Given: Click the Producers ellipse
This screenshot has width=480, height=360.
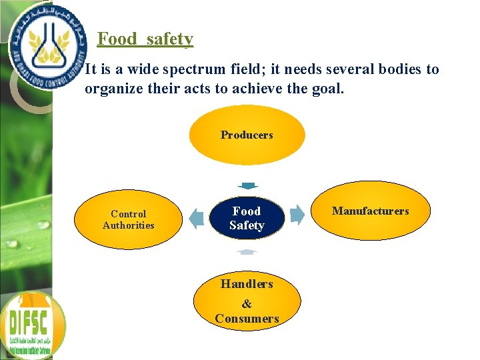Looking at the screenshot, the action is click(247, 135).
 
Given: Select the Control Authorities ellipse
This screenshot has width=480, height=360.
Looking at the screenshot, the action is click(129, 219).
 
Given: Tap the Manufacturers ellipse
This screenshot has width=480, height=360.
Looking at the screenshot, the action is click(371, 211).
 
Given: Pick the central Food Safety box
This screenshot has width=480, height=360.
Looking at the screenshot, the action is click(247, 218).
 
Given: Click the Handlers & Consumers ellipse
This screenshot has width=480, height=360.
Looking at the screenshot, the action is click(247, 301).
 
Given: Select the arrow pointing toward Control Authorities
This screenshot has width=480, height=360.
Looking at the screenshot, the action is click(196, 217).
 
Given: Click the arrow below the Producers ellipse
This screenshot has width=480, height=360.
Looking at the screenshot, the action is click(247, 186).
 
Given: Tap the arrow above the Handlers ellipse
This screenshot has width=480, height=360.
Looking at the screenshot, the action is click(247, 251).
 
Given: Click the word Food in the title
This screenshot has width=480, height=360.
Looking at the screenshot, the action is click(117, 39).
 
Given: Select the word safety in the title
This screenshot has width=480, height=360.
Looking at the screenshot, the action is click(170, 39).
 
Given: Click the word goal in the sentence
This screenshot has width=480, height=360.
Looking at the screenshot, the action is click(327, 88).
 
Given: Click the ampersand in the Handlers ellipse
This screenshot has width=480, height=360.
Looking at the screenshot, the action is click(247, 304).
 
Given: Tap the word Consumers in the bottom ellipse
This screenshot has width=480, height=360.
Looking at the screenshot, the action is click(247, 319).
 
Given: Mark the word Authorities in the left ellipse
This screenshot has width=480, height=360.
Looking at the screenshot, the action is click(129, 225).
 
